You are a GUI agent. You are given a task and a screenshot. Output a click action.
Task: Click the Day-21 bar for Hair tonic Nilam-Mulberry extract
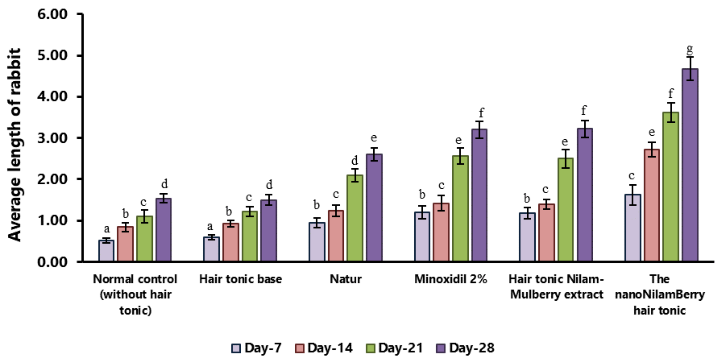point(565,209)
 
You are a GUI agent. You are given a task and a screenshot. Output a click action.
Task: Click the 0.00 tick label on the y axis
point(52,262)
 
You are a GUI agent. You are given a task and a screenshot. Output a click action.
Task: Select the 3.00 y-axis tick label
point(52,138)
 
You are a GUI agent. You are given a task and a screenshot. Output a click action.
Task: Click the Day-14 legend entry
point(324,348)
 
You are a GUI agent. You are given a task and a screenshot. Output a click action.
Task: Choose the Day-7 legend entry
point(257,348)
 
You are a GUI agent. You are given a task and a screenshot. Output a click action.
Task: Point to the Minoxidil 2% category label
point(451,279)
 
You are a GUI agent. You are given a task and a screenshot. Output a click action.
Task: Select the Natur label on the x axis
point(346,279)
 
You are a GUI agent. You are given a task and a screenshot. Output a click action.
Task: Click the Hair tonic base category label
point(241,279)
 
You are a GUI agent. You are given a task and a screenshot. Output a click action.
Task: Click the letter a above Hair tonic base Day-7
point(210,226)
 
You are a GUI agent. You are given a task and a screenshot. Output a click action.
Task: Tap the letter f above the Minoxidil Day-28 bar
point(481,113)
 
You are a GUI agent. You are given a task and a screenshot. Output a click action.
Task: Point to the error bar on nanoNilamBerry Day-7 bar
point(633,195)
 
